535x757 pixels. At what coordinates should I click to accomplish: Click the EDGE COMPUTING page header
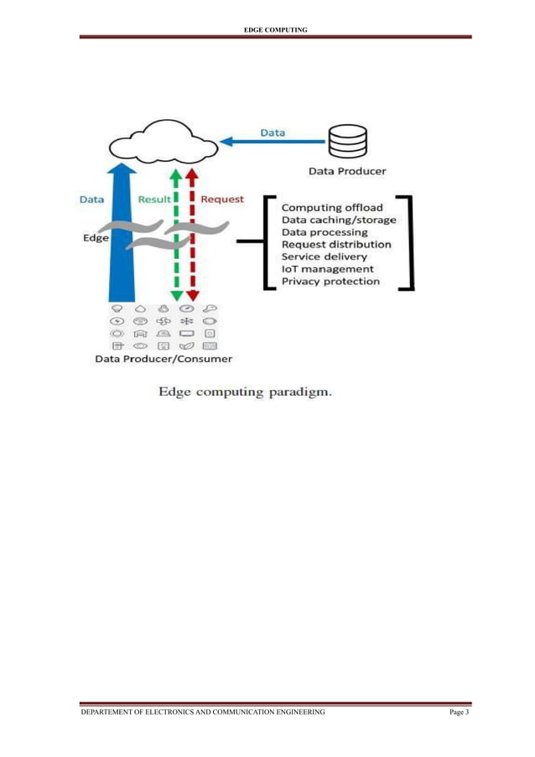point(274,30)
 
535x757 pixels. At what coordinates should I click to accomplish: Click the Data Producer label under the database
point(347,171)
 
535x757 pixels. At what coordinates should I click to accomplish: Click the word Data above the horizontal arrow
point(272,132)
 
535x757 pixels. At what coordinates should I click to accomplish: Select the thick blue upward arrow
point(123,235)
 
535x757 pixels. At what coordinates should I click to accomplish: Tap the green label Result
point(154,200)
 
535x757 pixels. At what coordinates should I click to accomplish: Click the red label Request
point(222,200)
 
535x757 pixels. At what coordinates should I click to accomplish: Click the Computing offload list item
point(332,207)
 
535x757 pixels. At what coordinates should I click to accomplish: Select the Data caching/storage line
point(339,220)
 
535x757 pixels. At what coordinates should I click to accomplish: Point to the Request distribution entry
point(336,244)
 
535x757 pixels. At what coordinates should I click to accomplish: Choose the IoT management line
point(328,269)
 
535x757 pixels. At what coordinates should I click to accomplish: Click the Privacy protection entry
point(330,282)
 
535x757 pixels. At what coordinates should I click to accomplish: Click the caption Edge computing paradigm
point(246,391)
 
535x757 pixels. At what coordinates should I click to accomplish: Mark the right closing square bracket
point(408,243)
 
